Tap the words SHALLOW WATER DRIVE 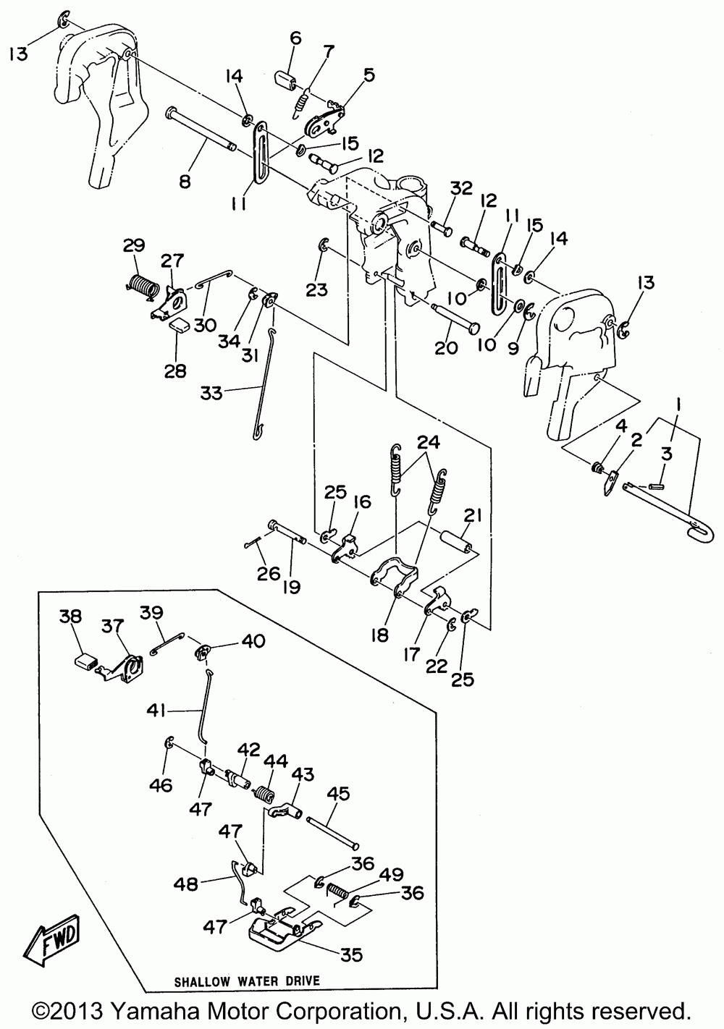click(x=247, y=981)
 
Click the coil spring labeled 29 click(x=141, y=287)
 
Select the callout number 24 click(x=429, y=442)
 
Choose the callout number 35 click(x=351, y=955)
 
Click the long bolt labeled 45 click(x=332, y=833)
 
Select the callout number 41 click(x=156, y=711)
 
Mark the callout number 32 click(x=461, y=188)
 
